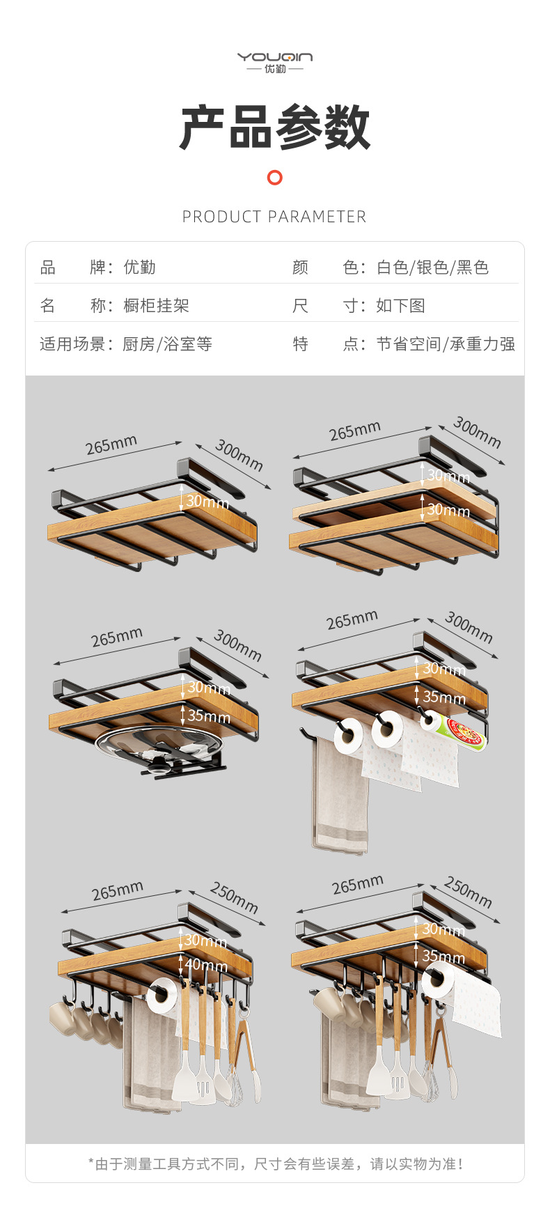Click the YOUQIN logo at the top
(275, 61)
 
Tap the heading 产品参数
(275, 127)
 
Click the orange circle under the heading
(275, 178)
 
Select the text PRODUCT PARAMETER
(274, 217)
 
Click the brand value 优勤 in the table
(139, 268)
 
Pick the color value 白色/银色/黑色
(432, 268)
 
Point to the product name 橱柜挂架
(156, 306)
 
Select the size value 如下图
(400, 306)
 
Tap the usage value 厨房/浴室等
(167, 344)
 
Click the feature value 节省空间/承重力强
(446, 344)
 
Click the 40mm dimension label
(206, 966)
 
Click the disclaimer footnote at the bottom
(275, 1164)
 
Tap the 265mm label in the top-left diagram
(111, 444)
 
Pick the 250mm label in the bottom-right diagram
(468, 892)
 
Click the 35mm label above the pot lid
(208, 716)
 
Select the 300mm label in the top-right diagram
(477, 431)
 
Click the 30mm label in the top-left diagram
(207, 502)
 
